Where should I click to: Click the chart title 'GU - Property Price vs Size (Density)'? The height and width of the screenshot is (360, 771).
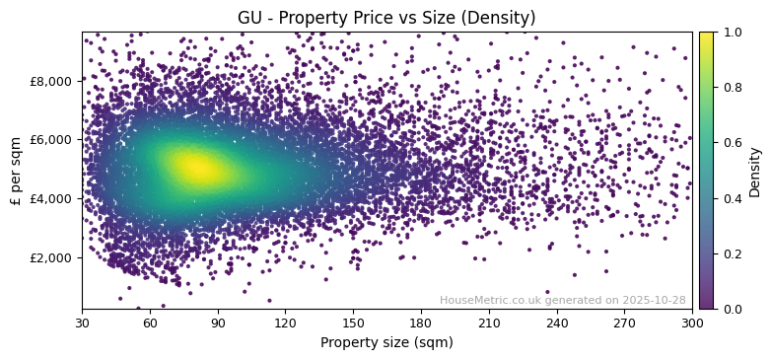(386, 18)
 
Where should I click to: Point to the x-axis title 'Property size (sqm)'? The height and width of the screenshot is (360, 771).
(386, 343)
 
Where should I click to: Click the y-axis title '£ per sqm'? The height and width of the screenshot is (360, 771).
(17, 170)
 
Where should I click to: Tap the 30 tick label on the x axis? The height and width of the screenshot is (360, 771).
(82, 323)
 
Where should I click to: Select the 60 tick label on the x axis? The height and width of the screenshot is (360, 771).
(150, 323)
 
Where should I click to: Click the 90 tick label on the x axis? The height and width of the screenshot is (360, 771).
(218, 323)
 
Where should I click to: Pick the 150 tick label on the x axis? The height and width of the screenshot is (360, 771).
(353, 323)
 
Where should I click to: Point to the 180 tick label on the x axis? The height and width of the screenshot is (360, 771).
(421, 323)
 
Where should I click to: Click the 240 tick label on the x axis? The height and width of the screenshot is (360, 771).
(557, 323)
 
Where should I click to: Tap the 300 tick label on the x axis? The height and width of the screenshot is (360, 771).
(692, 323)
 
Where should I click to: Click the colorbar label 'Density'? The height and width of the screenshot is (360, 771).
(755, 171)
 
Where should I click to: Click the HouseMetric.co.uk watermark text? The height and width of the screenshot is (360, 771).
(562, 300)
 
